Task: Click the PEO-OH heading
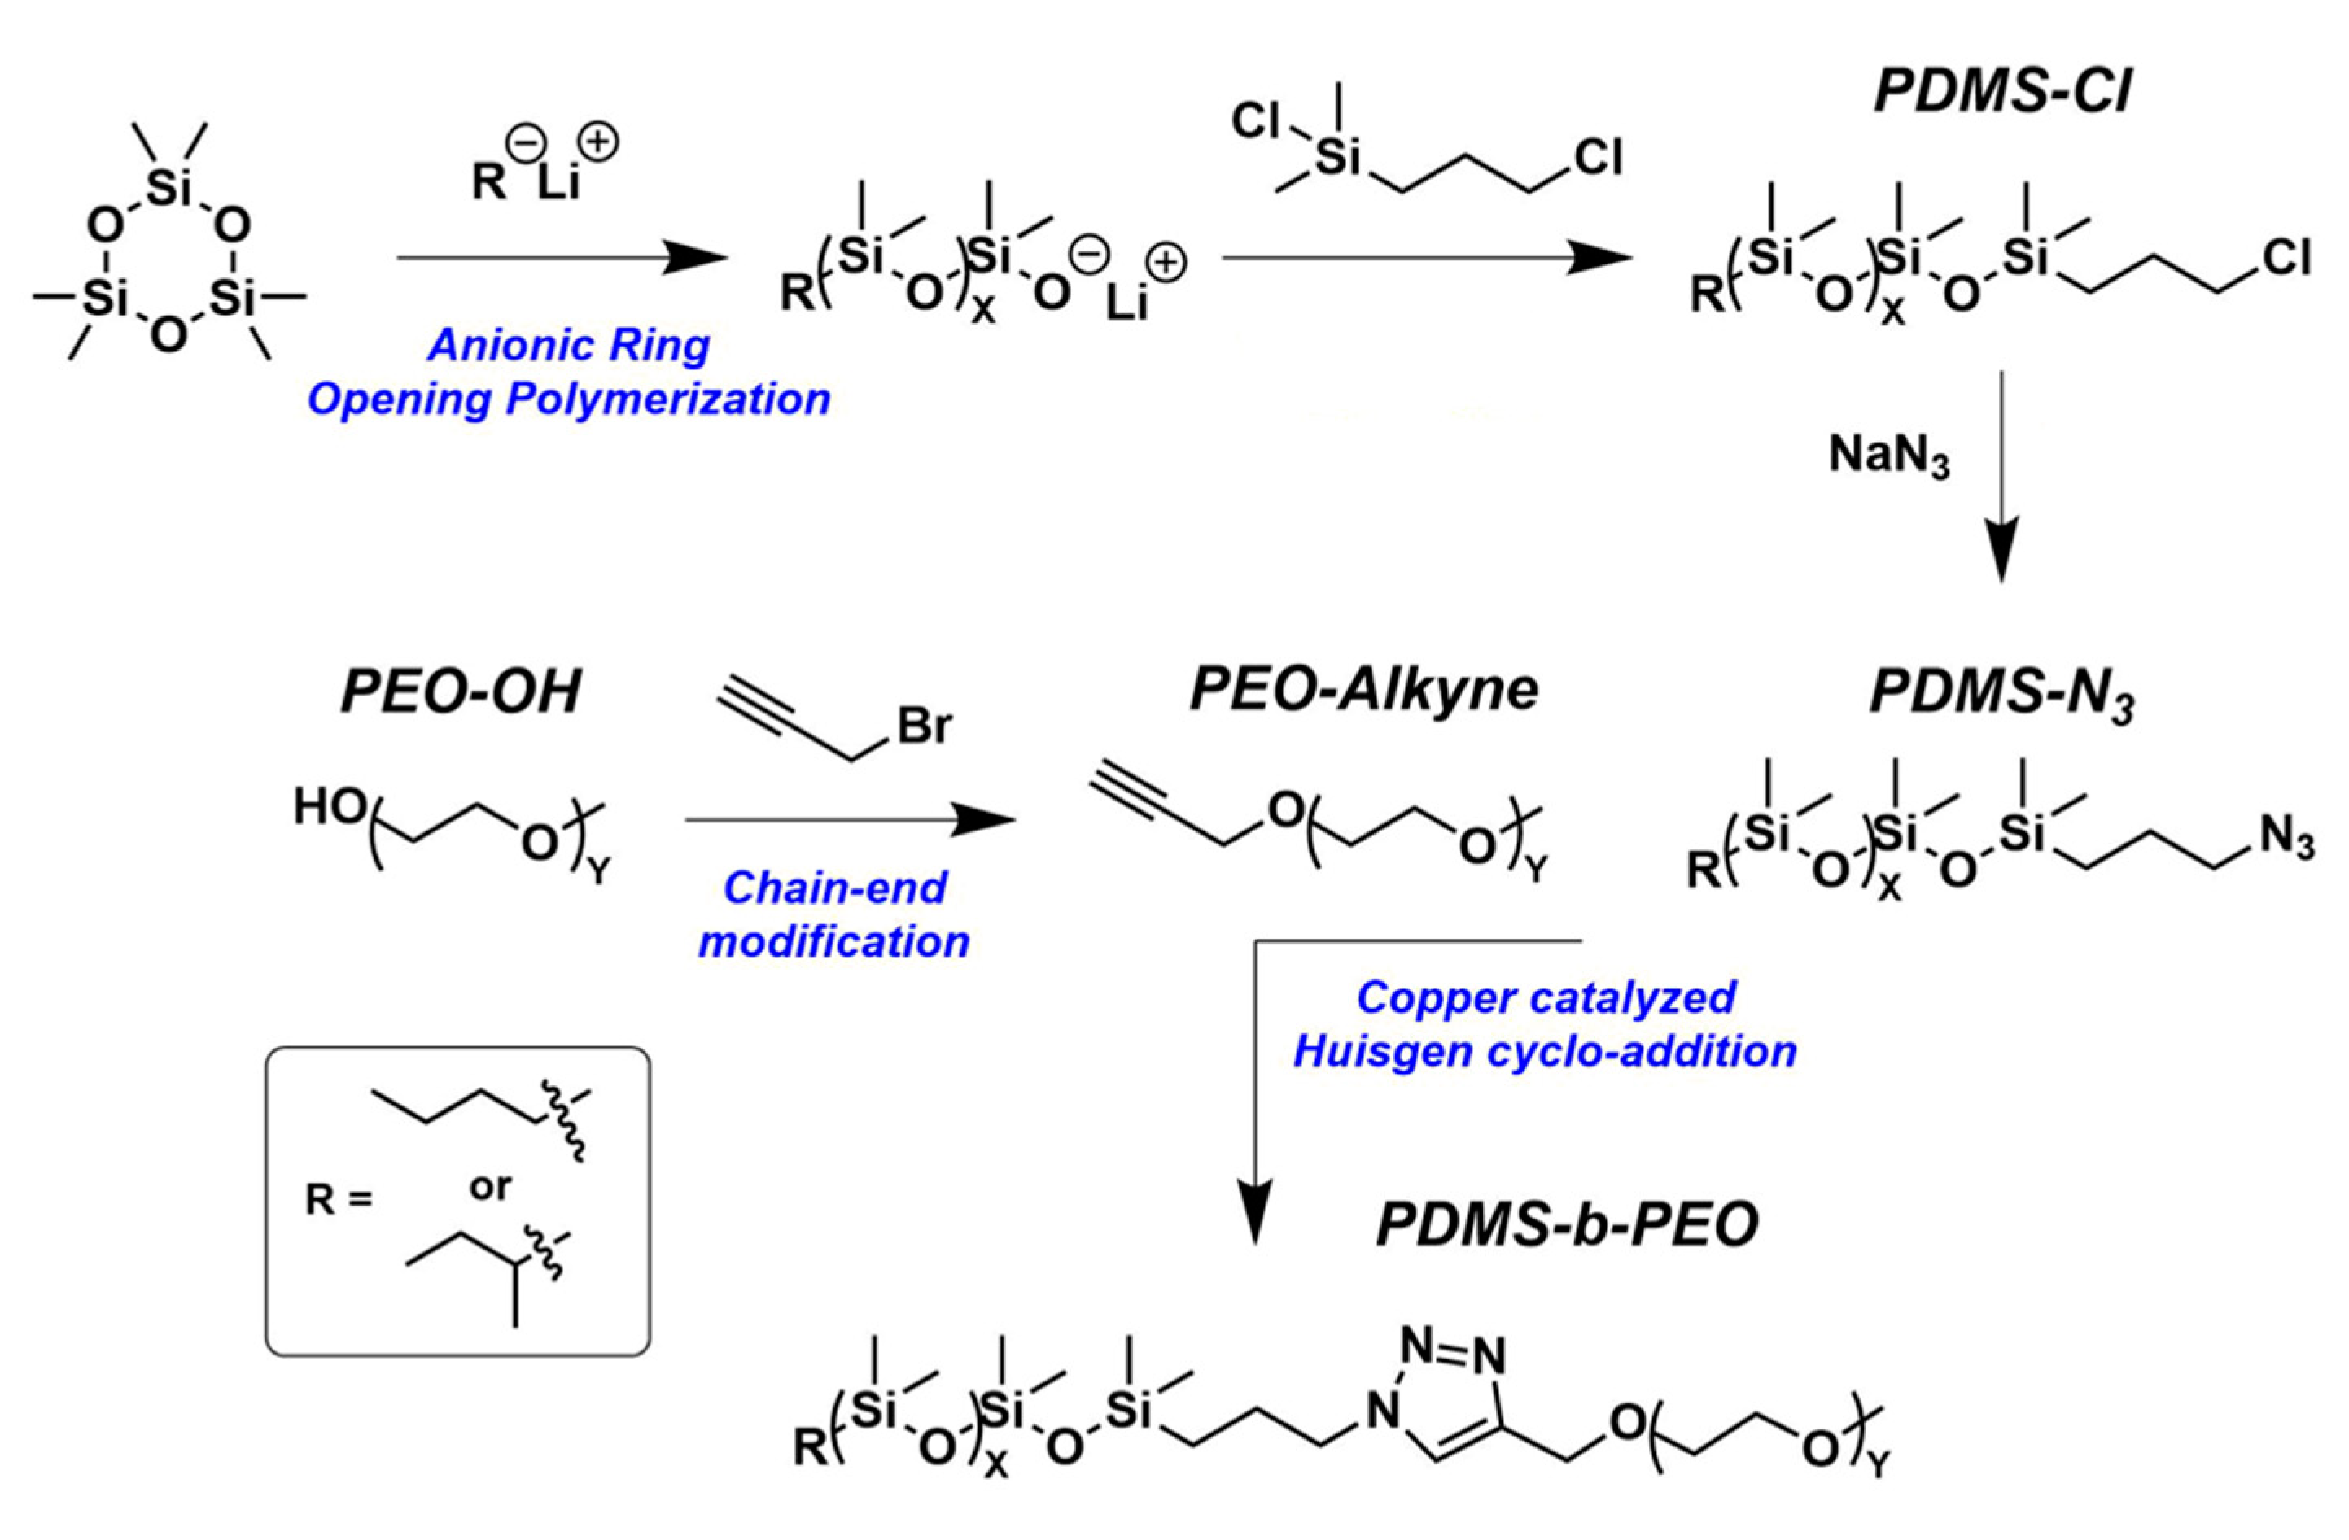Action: click(461, 691)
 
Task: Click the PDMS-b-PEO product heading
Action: click(1568, 1226)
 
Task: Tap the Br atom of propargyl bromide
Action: click(924, 727)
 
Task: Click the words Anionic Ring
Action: click(570, 345)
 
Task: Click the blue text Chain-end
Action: click(835, 888)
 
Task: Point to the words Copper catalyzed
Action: click(1546, 997)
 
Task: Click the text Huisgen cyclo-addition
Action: click(1545, 1052)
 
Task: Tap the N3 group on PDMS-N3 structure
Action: click(2288, 840)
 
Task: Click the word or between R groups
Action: click(491, 1187)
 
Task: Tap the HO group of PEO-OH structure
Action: click(330, 809)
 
